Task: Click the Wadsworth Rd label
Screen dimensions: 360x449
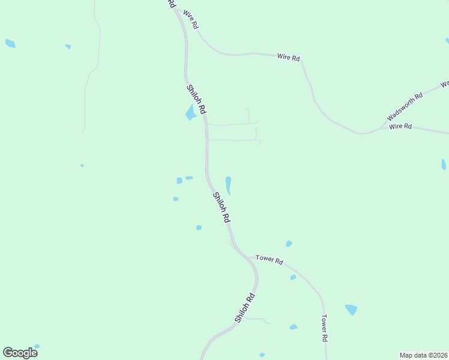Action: (x=405, y=106)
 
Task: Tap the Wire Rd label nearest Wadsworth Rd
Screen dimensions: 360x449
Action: (x=400, y=127)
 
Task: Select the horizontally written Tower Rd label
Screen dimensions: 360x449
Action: (x=269, y=259)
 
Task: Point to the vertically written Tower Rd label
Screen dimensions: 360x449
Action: (x=324, y=328)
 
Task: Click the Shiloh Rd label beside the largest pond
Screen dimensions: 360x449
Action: (x=196, y=100)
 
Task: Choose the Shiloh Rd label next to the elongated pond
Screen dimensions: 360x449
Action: (x=221, y=208)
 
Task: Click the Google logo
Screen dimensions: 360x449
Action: (x=20, y=353)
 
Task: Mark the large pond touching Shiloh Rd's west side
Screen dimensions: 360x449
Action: (x=191, y=112)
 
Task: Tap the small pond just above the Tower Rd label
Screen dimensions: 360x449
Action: (x=289, y=244)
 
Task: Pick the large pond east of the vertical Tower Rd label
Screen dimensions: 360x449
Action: (x=351, y=310)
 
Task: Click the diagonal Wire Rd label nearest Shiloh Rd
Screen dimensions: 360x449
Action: (x=190, y=20)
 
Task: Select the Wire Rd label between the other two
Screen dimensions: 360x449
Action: (x=288, y=57)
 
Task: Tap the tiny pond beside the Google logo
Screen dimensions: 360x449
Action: (x=37, y=346)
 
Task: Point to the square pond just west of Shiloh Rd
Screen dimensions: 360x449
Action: (x=179, y=181)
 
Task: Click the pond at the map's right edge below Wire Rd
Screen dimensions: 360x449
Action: (x=444, y=164)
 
